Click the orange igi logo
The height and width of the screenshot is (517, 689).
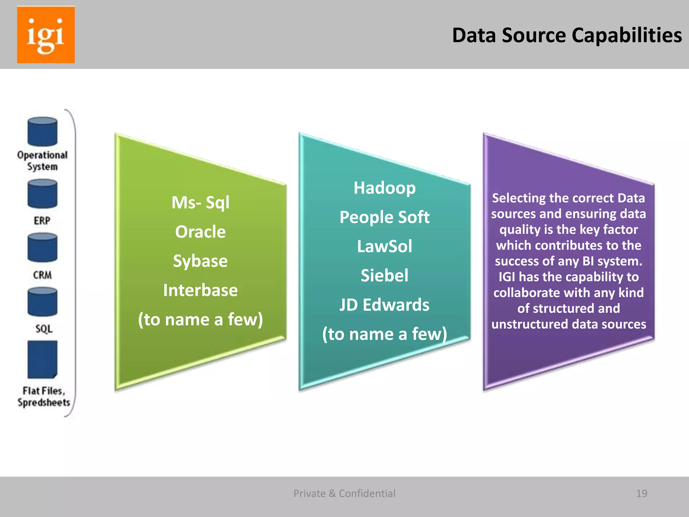coord(46,35)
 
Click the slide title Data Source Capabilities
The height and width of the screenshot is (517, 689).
coord(567,35)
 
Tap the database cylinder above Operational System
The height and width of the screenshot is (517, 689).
coord(42,132)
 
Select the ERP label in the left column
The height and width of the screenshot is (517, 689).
coord(42,221)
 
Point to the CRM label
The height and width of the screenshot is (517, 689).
coord(42,275)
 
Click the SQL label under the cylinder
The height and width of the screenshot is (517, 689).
coord(44,329)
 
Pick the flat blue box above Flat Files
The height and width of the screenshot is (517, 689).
coord(42,359)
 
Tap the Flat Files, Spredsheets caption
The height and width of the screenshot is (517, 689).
coord(44,397)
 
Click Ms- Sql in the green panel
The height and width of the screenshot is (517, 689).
coord(201,203)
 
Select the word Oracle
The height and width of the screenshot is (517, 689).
coord(201,232)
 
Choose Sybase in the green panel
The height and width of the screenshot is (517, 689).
coord(201,261)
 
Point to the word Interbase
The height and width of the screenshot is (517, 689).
coord(201,290)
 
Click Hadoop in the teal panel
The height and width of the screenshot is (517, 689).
coord(385,188)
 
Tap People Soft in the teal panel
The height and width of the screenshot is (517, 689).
coord(385,217)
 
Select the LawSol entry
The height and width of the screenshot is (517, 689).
coord(385,246)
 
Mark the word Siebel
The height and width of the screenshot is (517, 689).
coord(385,276)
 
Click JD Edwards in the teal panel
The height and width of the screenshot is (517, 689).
coord(385,305)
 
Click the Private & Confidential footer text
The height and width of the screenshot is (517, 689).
coord(344,493)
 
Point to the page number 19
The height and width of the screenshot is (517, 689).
coord(642,493)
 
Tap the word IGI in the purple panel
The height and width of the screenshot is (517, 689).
coord(507,277)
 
